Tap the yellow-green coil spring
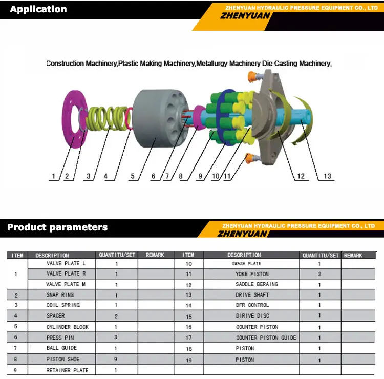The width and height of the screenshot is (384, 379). (109, 121)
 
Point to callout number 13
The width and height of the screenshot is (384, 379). (327, 176)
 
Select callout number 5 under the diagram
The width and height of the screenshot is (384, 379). (133, 176)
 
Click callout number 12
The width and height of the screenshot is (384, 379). (301, 176)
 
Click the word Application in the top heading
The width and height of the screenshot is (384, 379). (38, 9)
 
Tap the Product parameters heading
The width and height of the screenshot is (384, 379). (57, 227)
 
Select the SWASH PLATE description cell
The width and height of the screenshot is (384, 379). (246, 264)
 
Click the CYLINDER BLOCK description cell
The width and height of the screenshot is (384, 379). (67, 327)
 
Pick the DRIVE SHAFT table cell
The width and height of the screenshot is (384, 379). (252, 295)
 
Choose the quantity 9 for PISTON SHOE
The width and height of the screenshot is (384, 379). (116, 359)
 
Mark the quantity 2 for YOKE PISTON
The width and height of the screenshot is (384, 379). (319, 274)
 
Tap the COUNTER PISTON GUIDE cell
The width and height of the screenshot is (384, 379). (266, 338)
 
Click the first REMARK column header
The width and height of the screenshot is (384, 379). (155, 255)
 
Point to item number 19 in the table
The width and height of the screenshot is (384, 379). (188, 360)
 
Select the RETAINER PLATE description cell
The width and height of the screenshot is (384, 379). (67, 370)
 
